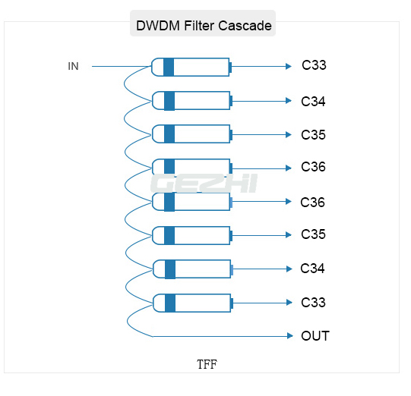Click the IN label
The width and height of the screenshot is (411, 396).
click(73, 66)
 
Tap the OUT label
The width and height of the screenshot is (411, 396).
click(315, 336)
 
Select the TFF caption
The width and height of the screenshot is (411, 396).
click(207, 364)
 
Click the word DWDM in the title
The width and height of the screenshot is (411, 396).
click(158, 26)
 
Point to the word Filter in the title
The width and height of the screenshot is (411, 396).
click(199, 26)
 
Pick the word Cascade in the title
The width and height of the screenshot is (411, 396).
click(245, 26)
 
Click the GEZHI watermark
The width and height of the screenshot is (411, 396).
click(204, 184)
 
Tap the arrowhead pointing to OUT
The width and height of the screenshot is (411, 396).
click(290, 336)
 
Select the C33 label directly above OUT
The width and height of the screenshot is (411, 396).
click(313, 303)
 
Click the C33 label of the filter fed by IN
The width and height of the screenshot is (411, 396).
click(314, 65)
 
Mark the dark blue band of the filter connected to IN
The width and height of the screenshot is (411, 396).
click(169, 67)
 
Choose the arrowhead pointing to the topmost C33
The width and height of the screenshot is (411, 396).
click(289, 66)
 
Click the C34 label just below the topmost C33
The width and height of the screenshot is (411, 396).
click(313, 102)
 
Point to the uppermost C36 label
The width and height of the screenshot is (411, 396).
click(313, 167)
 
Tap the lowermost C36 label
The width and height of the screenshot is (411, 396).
click(312, 203)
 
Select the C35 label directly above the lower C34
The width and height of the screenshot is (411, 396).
click(313, 234)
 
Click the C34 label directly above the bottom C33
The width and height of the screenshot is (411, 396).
click(312, 269)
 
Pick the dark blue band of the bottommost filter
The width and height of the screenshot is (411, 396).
click(170, 303)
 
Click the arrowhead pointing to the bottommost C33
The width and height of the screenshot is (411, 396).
click(289, 303)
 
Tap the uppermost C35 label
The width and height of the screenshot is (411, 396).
click(313, 135)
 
